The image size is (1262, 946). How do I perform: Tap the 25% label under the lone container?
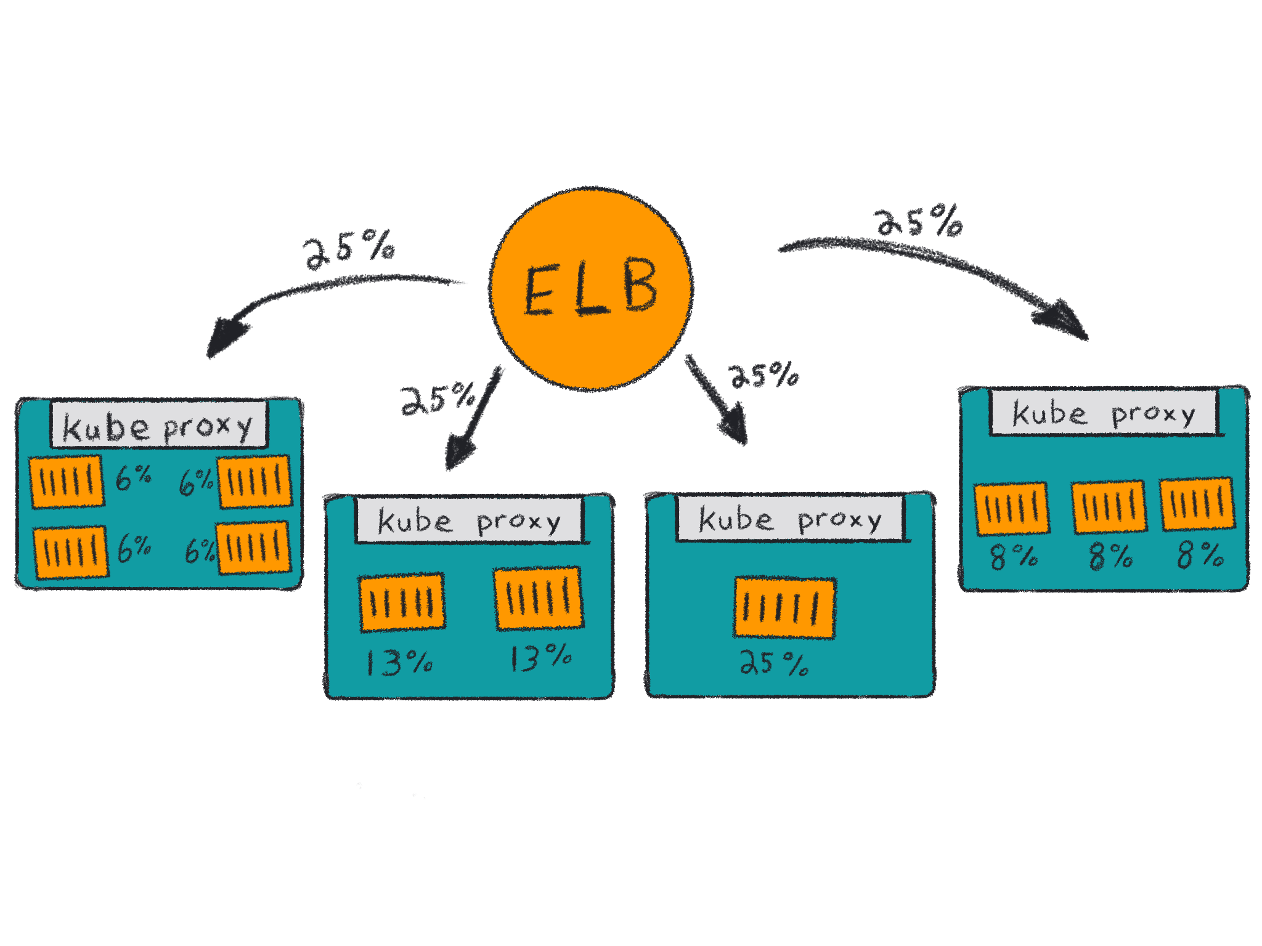774,663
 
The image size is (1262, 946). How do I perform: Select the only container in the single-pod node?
784,608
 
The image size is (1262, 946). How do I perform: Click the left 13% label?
399,663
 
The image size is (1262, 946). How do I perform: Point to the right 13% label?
540,658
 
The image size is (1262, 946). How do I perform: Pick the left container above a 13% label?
402,603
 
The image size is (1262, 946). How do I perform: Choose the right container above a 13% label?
539,598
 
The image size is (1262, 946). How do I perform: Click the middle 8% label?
1110,556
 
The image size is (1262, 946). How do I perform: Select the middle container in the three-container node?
1109,507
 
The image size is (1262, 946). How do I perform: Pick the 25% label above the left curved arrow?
349,249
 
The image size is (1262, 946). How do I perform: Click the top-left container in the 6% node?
67,482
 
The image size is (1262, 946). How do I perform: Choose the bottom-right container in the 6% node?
254,548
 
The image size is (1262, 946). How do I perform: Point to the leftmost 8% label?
1014,556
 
